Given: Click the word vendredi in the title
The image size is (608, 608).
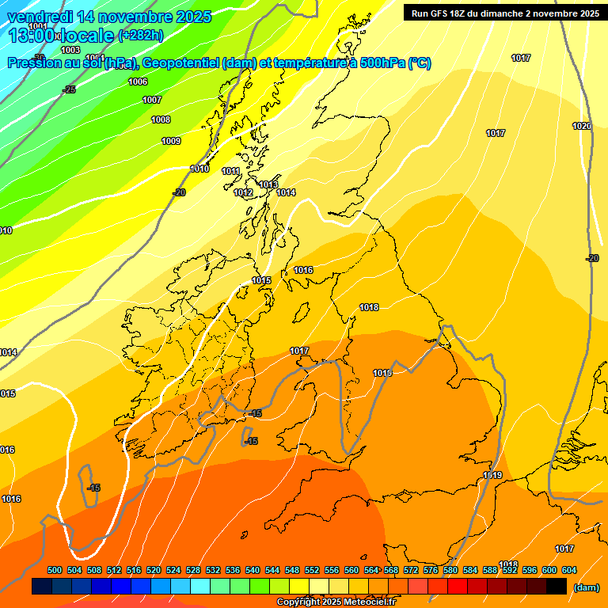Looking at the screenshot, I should pyautogui.click(x=40, y=17).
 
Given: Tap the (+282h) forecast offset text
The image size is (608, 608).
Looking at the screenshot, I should pyautogui.click(x=140, y=36).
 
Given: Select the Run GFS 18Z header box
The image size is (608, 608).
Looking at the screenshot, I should pyautogui.click(x=505, y=13).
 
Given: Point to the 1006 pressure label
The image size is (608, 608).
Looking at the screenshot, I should pyautogui.click(x=138, y=82).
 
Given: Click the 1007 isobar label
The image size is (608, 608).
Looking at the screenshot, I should pyautogui.click(x=152, y=100).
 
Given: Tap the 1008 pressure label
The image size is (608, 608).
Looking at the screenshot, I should pyautogui.click(x=161, y=120).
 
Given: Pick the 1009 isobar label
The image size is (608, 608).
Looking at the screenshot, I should pyautogui.click(x=171, y=141).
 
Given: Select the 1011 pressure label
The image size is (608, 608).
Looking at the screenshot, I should pyautogui.click(x=230, y=171).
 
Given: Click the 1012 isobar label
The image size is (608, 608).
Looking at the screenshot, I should pyautogui.click(x=243, y=192).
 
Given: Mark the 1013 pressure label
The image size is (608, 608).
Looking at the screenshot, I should pyautogui.click(x=268, y=184).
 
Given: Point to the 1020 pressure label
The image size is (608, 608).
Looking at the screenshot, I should pyautogui.click(x=582, y=126).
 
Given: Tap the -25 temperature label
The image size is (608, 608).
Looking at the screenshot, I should pyautogui.click(x=69, y=89).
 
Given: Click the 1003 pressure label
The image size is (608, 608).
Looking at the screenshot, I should pyautogui.click(x=70, y=50).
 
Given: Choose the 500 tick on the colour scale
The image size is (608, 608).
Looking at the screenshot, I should pyautogui.click(x=55, y=570).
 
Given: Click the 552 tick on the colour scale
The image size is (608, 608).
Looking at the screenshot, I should pyautogui.click(x=312, y=570).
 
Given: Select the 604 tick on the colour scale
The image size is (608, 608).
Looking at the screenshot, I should pyautogui.click(x=569, y=570).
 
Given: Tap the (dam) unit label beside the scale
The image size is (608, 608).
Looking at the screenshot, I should pyautogui.click(x=587, y=587).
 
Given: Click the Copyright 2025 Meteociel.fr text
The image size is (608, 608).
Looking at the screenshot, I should pyautogui.click(x=336, y=602).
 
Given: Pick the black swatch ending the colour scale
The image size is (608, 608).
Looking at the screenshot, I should pyautogui.click(x=557, y=587).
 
